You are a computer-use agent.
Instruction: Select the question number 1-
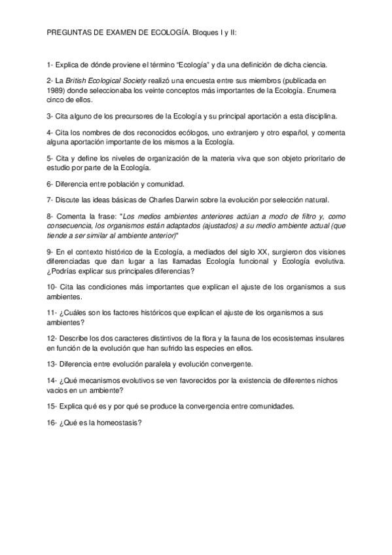pos(50,65)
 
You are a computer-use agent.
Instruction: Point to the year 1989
pos(56,92)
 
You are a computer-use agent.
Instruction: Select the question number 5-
pos(50,158)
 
